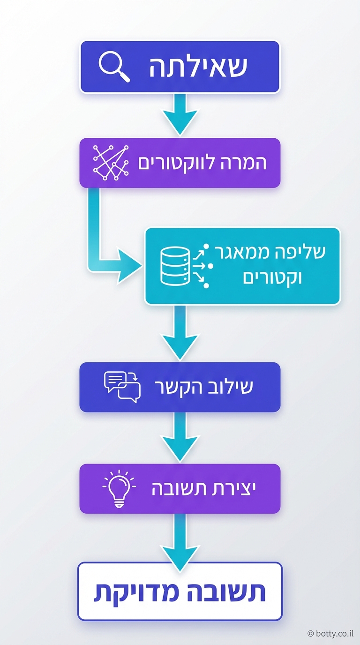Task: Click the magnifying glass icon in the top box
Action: click(114, 67)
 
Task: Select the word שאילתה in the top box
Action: click(198, 67)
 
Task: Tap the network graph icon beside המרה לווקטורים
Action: click(111, 163)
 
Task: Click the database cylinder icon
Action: click(175, 266)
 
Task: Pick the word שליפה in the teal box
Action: click(306, 252)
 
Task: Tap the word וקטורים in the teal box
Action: click(272, 277)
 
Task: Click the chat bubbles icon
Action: click(122, 387)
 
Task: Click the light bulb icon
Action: click(119, 488)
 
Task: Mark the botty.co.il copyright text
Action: click(330, 633)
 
